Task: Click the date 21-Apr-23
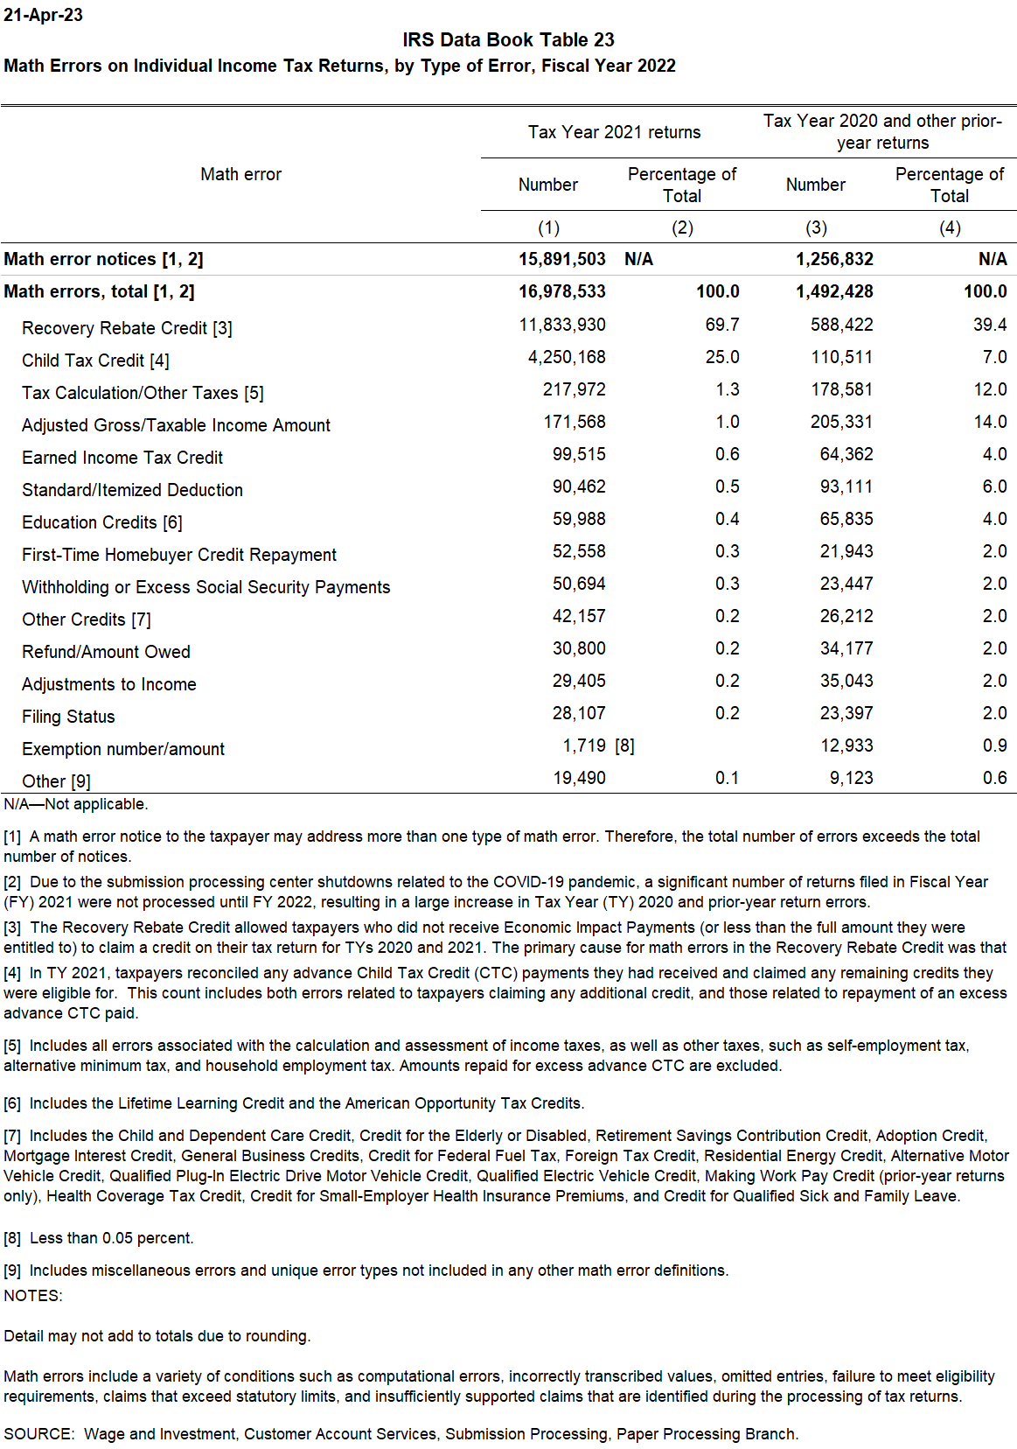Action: point(43,15)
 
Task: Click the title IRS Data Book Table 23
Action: point(508,40)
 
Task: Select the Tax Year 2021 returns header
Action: point(614,132)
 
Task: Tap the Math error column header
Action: point(240,174)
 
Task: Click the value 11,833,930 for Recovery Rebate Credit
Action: point(561,325)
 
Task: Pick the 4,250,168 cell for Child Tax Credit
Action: point(566,357)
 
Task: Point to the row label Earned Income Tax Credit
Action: point(122,458)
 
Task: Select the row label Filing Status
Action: point(68,717)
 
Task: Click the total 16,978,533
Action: point(561,291)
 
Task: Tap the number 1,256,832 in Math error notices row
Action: point(833,259)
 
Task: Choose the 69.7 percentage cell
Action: point(721,325)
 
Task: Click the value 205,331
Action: point(841,422)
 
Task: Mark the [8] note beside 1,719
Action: point(624,745)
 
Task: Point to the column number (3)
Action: point(816,227)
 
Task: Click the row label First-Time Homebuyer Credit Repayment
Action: point(179,555)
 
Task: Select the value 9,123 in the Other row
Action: point(851,778)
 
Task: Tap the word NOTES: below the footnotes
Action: point(33,1296)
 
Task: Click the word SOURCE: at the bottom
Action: point(38,1434)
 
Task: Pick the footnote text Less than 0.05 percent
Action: point(111,1238)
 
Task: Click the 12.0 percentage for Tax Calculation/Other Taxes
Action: point(990,389)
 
